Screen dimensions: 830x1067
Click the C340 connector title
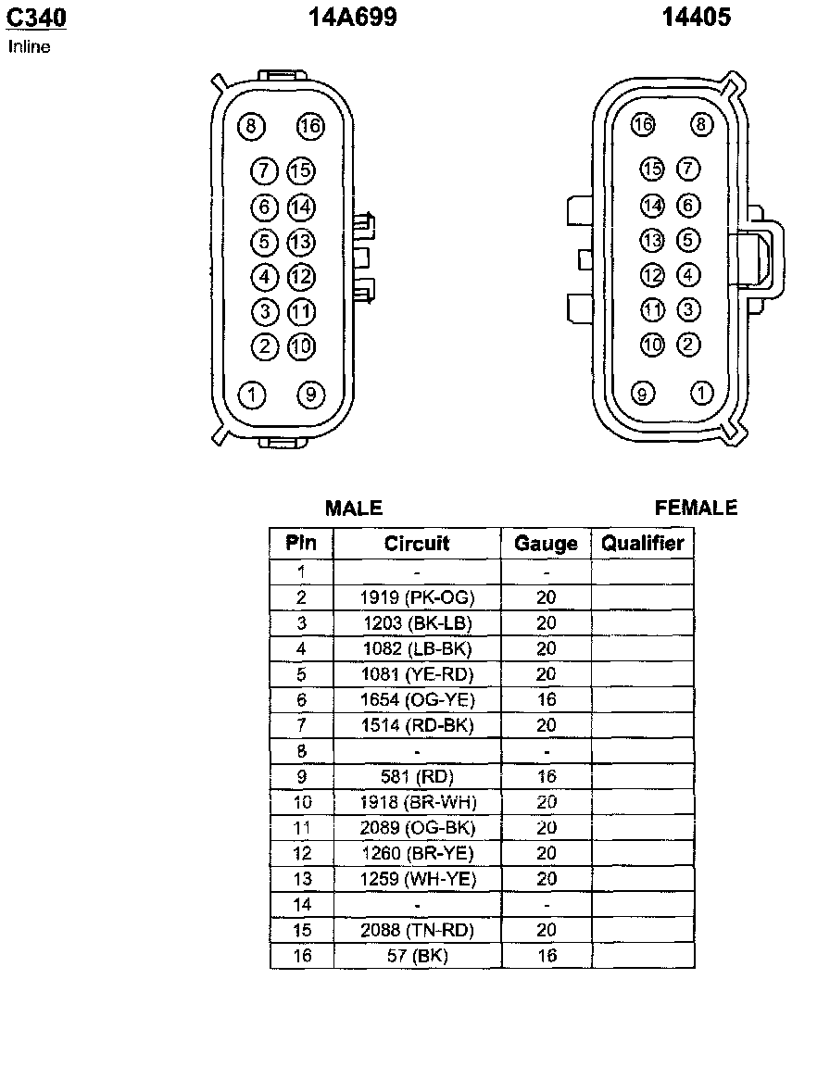pos(36,17)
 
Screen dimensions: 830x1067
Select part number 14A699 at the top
pos(352,17)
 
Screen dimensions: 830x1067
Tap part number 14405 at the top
pos(696,17)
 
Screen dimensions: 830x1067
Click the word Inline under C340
pos(30,46)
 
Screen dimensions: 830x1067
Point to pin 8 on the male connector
pos(251,126)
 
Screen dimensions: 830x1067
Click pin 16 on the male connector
pos(310,126)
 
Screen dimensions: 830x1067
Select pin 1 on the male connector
pos(252,395)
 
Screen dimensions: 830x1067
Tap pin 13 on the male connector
pos(301,242)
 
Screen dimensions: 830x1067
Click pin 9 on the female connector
pos(642,394)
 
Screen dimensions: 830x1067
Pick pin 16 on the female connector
pos(642,124)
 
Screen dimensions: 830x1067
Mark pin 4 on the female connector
pos(688,275)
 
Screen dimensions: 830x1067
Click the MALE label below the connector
pos(354,508)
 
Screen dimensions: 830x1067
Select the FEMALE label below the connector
pos(696,508)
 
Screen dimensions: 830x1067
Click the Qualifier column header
pos(642,543)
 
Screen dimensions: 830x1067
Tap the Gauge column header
pos(546,544)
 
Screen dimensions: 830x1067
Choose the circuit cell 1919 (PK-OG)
pos(417,597)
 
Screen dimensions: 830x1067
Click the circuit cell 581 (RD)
pos(417,776)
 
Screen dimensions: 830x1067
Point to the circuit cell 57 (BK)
pos(417,956)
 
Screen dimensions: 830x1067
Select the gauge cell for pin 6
pos(547,699)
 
